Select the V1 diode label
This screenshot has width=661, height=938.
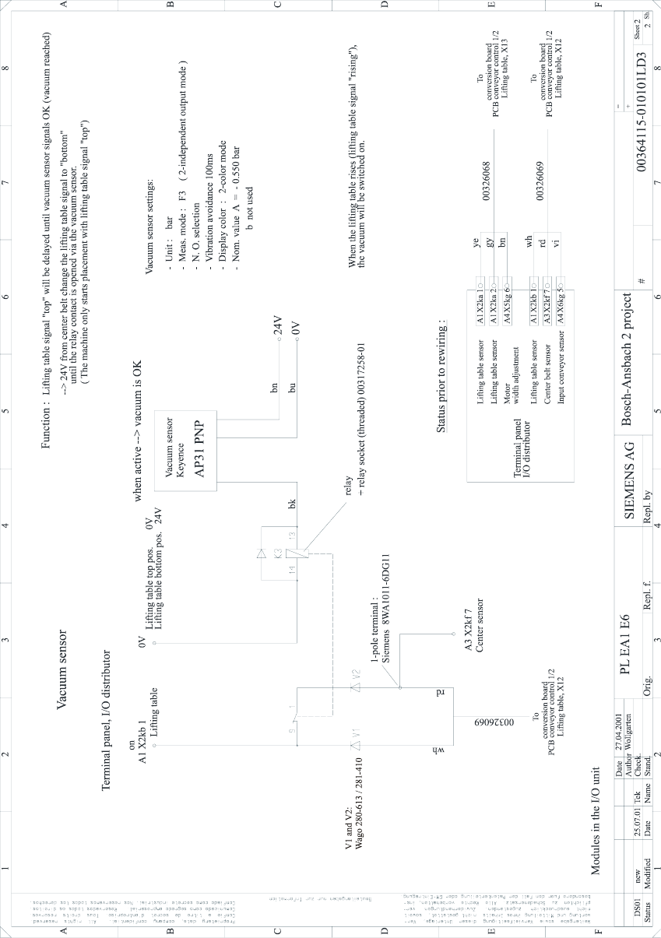tap(354, 733)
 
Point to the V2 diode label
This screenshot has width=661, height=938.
tap(354, 676)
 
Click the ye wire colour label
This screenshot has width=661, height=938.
tap(476, 244)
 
